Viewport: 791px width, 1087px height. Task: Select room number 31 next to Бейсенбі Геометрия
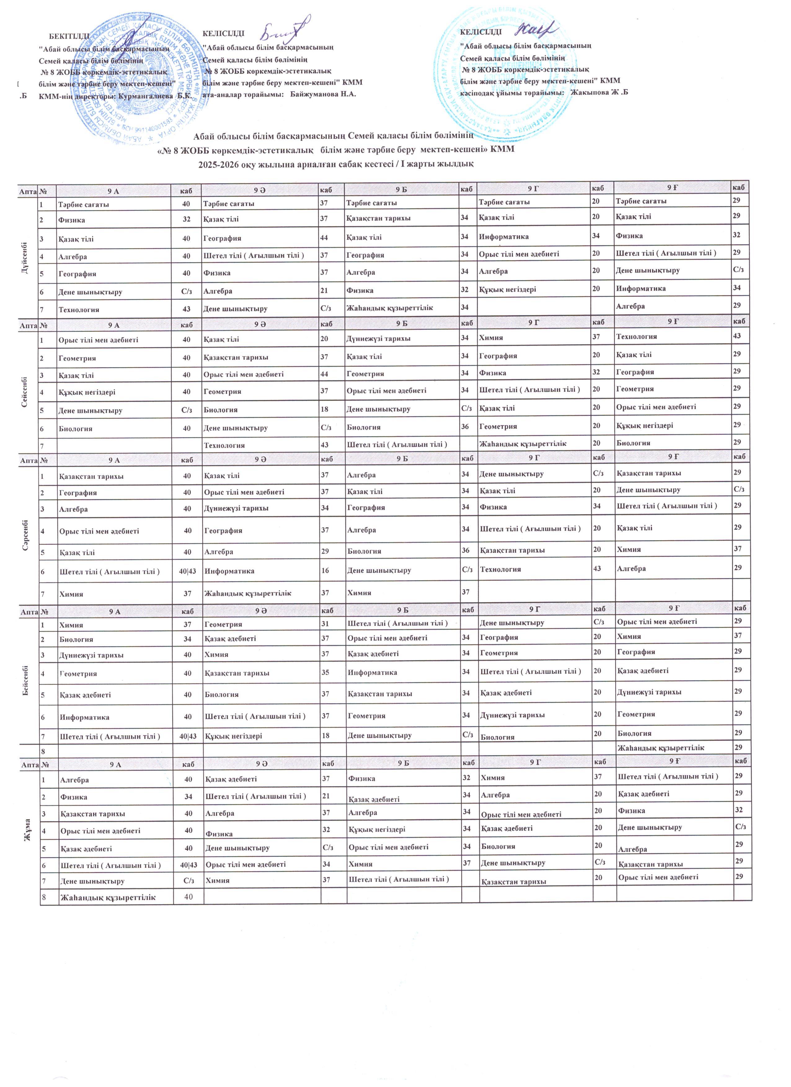pos(326,624)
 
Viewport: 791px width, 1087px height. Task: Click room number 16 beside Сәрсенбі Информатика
pos(325,571)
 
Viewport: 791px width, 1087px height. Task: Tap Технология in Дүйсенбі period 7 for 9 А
pos(79,310)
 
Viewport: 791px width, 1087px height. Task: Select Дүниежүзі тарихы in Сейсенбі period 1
pos(378,338)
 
